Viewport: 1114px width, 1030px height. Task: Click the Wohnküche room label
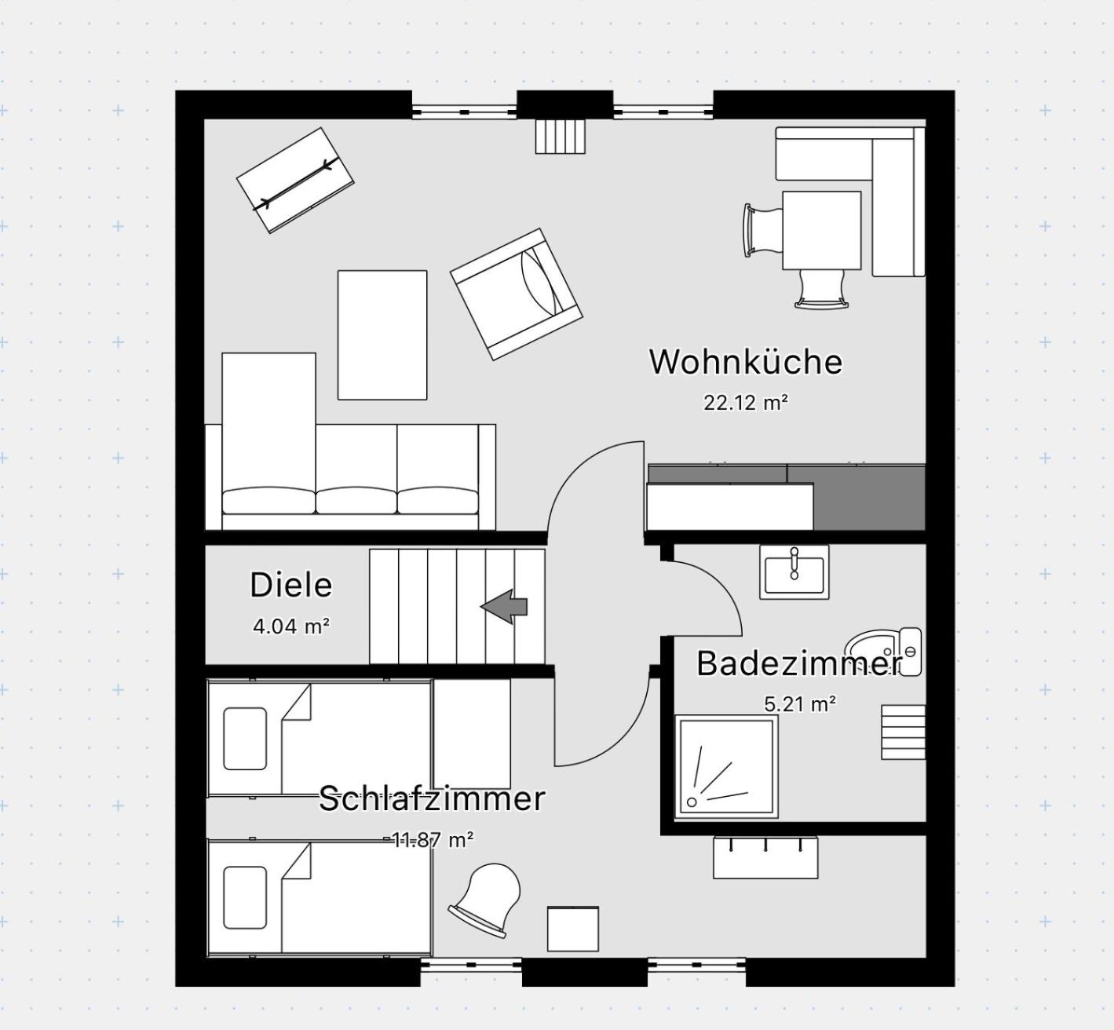click(746, 362)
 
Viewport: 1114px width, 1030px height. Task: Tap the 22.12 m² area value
click(746, 402)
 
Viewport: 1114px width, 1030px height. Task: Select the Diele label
click(290, 585)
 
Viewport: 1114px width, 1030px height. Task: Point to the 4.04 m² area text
click(291, 626)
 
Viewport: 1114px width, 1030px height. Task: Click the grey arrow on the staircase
click(504, 606)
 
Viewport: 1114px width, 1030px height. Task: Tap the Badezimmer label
click(799, 663)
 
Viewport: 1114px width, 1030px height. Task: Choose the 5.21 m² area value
click(801, 703)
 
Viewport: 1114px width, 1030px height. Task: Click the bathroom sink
click(794, 572)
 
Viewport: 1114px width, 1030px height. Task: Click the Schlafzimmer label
click(432, 798)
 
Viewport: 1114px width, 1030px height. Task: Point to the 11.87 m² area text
click(432, 840)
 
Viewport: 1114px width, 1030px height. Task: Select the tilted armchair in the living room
click(516, 294)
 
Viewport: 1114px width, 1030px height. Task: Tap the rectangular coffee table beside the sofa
click(382, 335)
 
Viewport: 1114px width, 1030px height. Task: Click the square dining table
click(822, 230)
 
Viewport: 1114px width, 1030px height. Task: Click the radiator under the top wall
click(561, 137)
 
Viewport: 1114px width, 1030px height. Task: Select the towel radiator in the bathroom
click(903, 732)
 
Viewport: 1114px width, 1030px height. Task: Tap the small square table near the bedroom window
click(573, 929)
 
